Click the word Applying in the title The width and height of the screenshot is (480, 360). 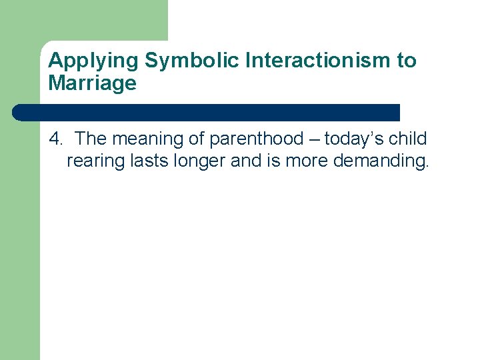(x=94, y=61)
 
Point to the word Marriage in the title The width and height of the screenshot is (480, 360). (x=92, y=83)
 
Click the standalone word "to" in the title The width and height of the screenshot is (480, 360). (x=407, y=61)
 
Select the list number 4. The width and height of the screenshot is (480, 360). (x=56, y=139)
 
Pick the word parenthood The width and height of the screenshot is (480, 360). (x=256, y=139)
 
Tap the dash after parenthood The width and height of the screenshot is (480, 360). (x=313, y=139)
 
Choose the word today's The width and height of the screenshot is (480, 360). (x=354, y=139)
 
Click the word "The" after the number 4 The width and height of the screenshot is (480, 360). (x=91, y=139)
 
